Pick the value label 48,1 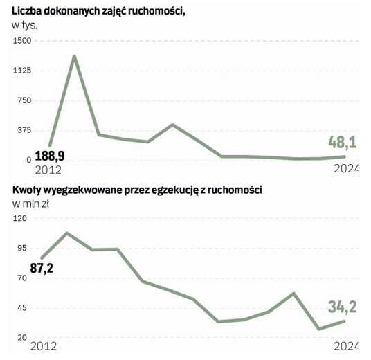tap(343, 143)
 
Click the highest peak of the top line tap(74, 56)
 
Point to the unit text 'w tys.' tap(26, 24)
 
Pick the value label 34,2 tap(342, 305)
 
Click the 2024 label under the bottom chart tap(348, 346)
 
